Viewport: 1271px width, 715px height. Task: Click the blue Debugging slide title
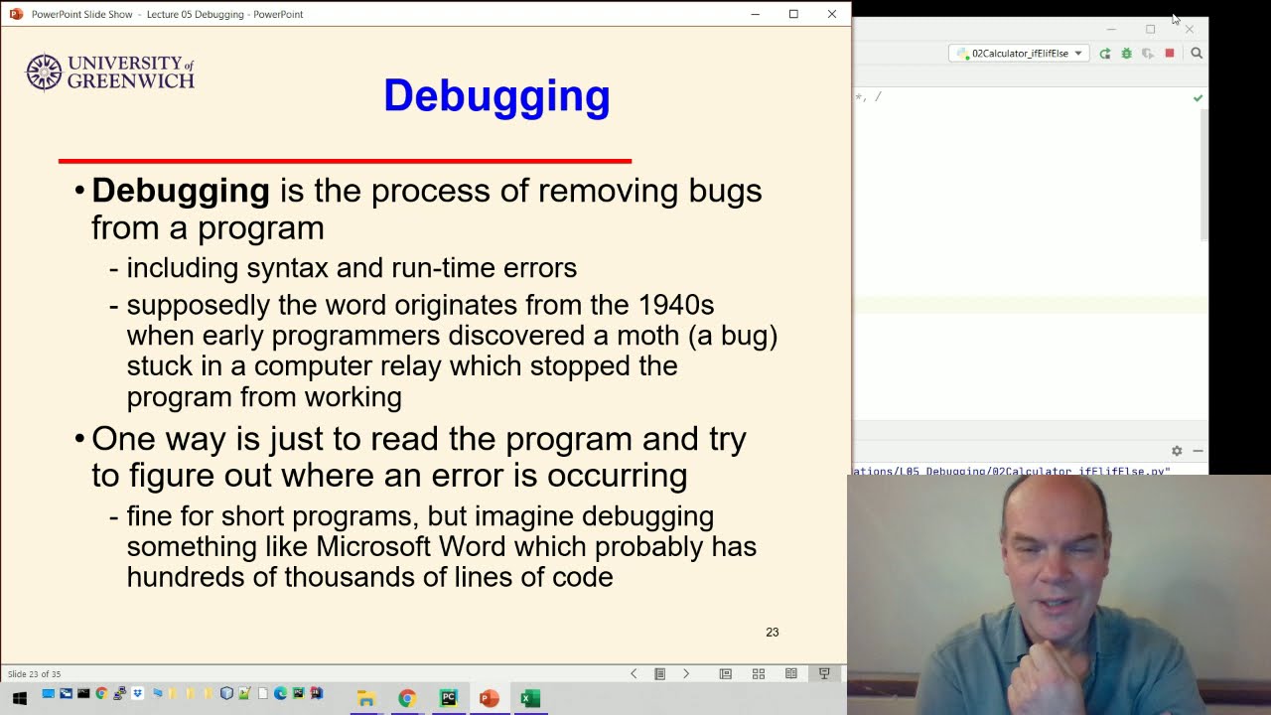click(496, 96)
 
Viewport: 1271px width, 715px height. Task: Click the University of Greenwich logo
click(110, 72)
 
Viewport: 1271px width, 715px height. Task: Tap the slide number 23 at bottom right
click(772, 632)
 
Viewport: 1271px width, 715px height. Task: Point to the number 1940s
click(676, 305)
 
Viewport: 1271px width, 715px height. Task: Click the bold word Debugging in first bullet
click(181, 191)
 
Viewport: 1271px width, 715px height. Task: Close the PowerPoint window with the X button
click(832, 14)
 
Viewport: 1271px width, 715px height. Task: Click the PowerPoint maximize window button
click(793, 14)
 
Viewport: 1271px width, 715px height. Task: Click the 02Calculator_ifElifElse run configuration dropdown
click(1020, 54)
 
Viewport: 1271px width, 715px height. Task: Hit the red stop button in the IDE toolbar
click(1170, 54)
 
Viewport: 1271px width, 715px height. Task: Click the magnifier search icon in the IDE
click(1197, 54)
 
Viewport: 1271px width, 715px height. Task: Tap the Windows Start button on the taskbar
click(20, 698)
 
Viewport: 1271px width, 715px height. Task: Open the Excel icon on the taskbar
click(530, 698)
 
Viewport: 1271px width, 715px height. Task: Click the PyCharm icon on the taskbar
click(448, 698)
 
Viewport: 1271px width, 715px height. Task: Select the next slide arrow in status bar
click(686, 673)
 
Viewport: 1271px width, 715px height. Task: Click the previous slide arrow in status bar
click(634, 673)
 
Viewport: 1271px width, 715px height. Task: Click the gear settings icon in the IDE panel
click(1177, 451)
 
